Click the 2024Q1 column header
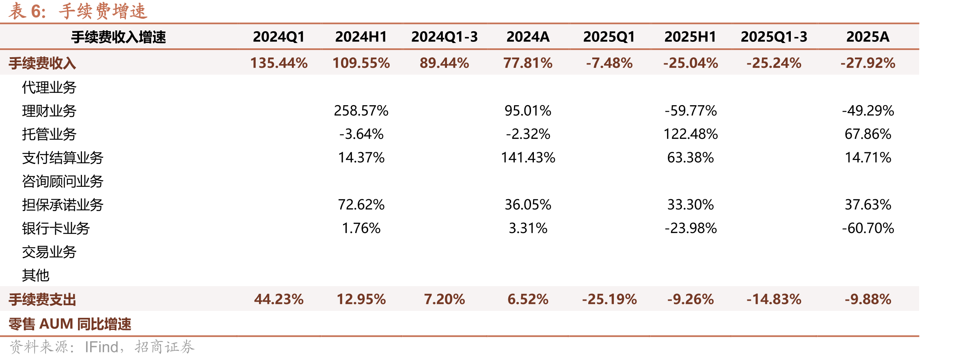point(279,37)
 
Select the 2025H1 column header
point(690,37)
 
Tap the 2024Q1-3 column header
point(445,37)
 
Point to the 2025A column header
point(868,37)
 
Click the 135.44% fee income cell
point(279,63)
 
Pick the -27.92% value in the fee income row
point(868,63)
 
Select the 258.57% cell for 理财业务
point(361,110)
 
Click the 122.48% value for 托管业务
point(691,134)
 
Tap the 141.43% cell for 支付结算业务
point(528,157)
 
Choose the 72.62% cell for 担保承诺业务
point(361,205)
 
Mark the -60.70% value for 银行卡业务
point(868,228)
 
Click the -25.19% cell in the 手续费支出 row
point(609,300)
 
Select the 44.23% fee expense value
point(279,300)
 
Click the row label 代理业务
point(49,87)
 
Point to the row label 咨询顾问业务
point(63,181)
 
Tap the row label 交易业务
point(49,252)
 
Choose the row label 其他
point(36,276)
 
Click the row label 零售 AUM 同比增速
point(70,324)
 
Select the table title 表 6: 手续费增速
point(78,11)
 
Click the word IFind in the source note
point(101,347)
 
